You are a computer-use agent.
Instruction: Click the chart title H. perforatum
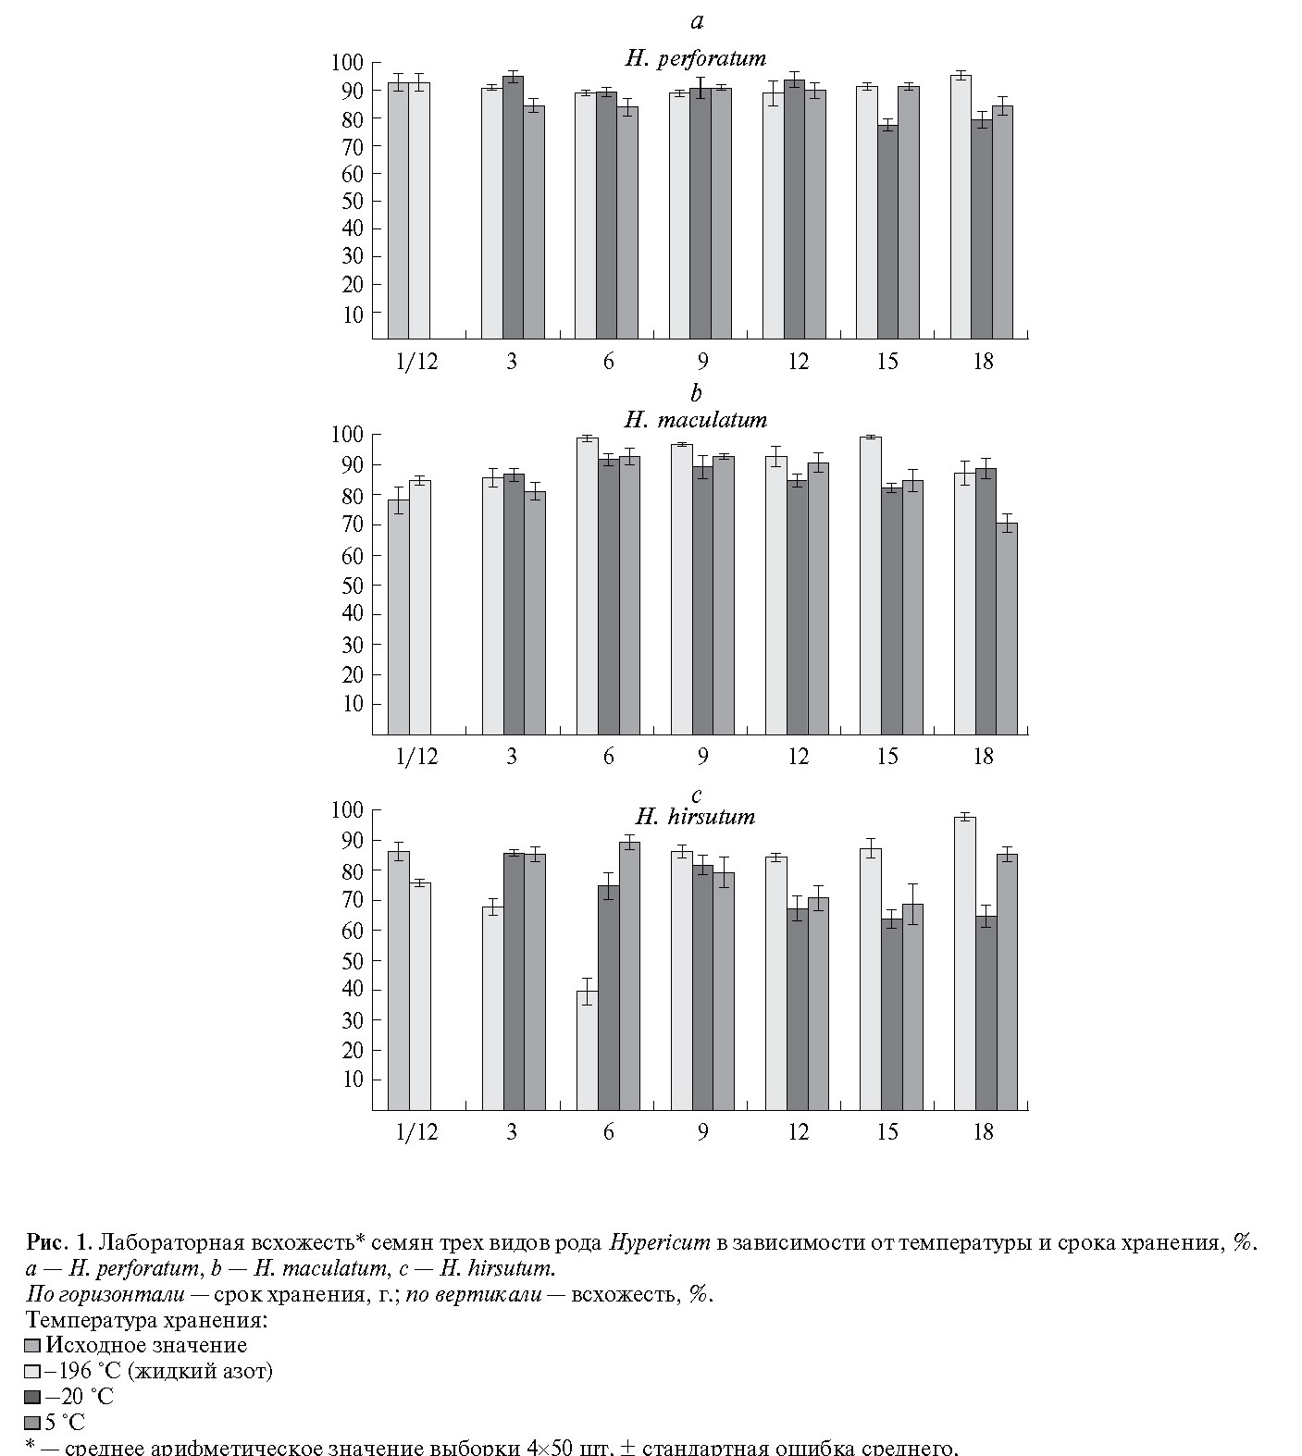(696, 58)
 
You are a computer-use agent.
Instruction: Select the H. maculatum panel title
(696, 420)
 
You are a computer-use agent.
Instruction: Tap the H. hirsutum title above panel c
(695, 817)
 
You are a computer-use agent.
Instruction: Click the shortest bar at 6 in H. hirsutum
(587, 1050)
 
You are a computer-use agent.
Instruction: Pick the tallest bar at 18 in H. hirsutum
(964, 962)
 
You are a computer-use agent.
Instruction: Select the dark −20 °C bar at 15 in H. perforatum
(888, 231)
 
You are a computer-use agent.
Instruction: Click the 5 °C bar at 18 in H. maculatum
(1006, 628)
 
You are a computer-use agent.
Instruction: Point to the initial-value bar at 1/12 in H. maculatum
(398, 616)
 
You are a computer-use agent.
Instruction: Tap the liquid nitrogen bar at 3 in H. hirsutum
(492, 1007)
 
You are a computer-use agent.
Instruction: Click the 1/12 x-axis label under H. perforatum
(416, 361)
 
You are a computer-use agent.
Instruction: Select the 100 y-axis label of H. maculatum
(350, 435)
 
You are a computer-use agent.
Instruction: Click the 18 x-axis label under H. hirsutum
(984, 1131)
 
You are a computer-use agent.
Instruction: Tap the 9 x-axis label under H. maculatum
(702, 757)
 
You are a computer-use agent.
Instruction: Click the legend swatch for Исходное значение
(33, 1346)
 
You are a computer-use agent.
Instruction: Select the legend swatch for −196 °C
(33, 1372)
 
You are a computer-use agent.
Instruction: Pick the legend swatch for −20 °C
(33, 1397)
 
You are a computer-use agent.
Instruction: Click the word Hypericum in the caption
(659, 1241)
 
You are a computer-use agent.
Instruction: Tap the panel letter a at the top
(696, 21)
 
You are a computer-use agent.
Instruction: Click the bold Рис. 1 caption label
(59, 1241)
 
